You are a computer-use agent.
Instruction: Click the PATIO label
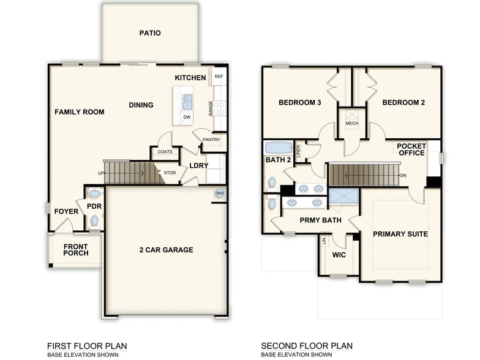[150, 33]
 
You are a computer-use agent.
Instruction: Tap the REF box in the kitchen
[219, 77]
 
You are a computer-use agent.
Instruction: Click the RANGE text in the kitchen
[211, 109]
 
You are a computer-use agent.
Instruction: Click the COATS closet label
[165, 152]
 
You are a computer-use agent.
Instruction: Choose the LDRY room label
[199, 166]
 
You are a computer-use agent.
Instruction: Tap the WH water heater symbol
[219, 193]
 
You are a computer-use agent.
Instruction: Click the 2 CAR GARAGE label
[165, 250]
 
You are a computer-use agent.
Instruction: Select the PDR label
[94, 206]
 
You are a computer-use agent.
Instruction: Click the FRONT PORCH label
[76, 250]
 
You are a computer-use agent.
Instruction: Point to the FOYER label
[66, 211]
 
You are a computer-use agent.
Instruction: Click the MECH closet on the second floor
[351, 123]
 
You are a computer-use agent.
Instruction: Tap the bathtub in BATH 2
[279, 148]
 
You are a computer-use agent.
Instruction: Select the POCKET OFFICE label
[411, 149]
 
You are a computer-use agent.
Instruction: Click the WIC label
[339, 253]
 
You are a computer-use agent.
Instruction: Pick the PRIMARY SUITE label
[400, 234]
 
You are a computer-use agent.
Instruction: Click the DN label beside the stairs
[403, 176]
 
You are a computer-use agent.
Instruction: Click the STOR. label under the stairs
[170, 173]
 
